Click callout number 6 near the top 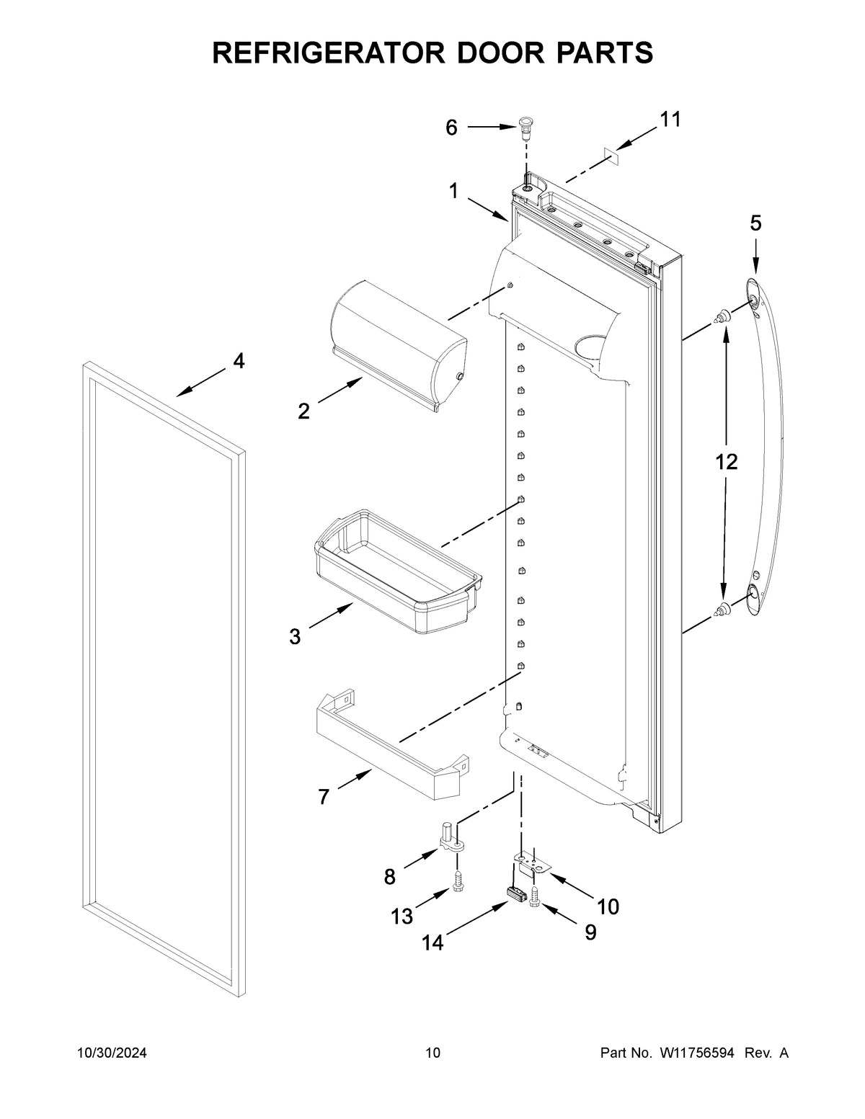coord(451,128)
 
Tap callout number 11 coord(670,120)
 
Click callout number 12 coord(726,462)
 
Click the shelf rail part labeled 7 coord(389,749)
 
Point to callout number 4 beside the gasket coord(238,362)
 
